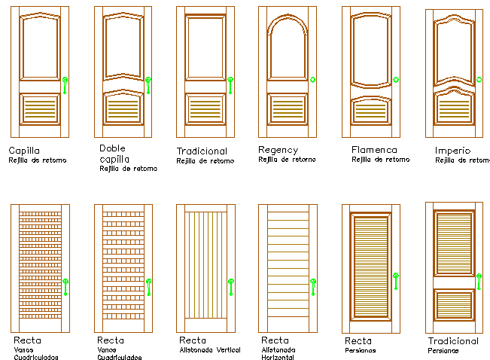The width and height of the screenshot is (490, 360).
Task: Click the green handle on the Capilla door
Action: click(65, 85)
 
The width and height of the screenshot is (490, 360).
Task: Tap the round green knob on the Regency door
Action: click(312, 80)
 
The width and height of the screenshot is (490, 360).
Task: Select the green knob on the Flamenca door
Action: click(396, 80)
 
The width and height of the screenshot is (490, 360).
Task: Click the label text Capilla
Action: click(24, 151)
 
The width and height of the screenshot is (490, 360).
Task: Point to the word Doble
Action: click(112, 148)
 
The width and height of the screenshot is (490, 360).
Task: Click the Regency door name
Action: click(278, 151)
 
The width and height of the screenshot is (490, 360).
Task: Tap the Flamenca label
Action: click(374, 150)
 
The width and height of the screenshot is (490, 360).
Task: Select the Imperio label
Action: click(452, 151)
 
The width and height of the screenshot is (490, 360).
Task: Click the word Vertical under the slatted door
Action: click(227, 350)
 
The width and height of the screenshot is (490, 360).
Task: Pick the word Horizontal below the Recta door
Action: click(278, 357)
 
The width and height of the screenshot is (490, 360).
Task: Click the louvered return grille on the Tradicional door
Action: click(205, 109)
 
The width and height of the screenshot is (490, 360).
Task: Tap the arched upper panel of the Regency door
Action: click(288, 47)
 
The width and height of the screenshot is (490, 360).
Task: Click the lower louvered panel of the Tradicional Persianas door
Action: click(454, 305)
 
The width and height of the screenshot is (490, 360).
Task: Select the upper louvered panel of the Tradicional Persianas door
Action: click(454, 243)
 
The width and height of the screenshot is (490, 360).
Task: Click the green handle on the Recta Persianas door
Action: click(396, 281)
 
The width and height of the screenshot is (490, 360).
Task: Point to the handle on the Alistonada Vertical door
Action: click(231, 287)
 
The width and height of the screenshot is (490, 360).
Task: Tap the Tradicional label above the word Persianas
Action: click(453, 341)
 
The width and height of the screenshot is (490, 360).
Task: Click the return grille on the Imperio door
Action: click(454, 108)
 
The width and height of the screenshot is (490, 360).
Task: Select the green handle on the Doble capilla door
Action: click(148, 85)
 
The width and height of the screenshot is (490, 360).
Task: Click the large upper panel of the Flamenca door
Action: click(371, 50)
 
